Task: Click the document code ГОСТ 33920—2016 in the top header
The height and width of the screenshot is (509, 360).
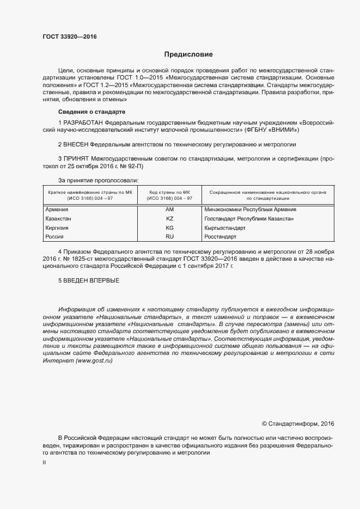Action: pyautogui.click(x=70, y=37)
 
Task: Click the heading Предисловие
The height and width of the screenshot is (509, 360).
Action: pyautogui.click(x=188, y=54)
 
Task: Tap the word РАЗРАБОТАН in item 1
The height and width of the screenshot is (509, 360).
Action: pyautogui.click(x=84, y=123)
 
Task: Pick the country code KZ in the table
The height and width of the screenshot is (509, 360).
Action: pyautogui.click(x=169, y=219)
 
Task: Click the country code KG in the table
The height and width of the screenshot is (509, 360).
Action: pyautogui.click(x=169, y=228)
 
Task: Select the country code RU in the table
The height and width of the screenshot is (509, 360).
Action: pyautogui.click(x=169, y=237)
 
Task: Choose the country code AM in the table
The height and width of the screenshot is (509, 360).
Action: pyautogui.click(x=169, y=209)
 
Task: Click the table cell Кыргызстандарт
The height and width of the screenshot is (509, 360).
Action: pyautogui.click(x=224, y=228)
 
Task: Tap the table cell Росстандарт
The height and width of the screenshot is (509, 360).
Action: pyautogui.click(x=220, y=237)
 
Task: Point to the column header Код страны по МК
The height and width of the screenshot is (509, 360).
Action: pyautogui.click(x=169, y=192)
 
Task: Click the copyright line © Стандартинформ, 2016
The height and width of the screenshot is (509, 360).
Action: pyautogui.click(x=298, y=423)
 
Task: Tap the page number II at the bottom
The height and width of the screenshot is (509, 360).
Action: pyautogui.click(x=44, y=462)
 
